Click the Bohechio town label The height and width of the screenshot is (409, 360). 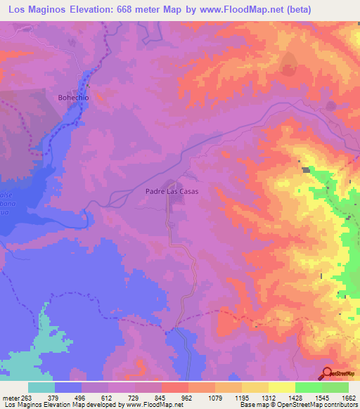(x=73, y=98)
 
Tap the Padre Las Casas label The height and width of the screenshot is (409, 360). (x=172, y=191)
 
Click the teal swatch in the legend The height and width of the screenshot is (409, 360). (x=41, y=387)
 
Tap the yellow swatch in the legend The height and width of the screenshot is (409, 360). (x=282, y=387)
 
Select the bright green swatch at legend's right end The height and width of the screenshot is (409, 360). (x=335, y=387)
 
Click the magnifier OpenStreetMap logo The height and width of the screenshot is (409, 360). (x=327, y=372)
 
